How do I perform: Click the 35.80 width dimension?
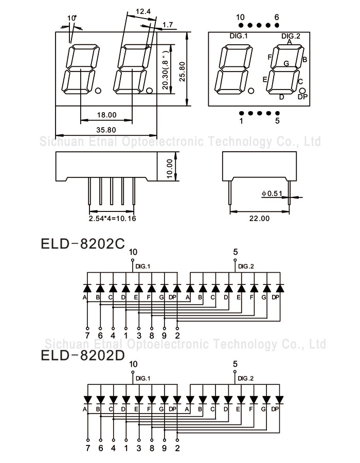point(105,130)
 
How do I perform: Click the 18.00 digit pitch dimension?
point(106,115)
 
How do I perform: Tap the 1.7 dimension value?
point(167,25)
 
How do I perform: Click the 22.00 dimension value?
point(259,219)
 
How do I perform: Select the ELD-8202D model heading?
point(82,355)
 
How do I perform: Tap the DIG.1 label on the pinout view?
point(239,35)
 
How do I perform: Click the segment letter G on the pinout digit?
point(286,63)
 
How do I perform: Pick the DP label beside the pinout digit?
point(302,97)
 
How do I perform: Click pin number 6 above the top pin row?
point(277,17)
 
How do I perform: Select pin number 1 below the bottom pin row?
point(241,121)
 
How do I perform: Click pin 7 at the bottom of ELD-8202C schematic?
point(87,335)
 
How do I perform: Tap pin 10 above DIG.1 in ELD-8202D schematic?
point(134,364)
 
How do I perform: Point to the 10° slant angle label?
point(72,19)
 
